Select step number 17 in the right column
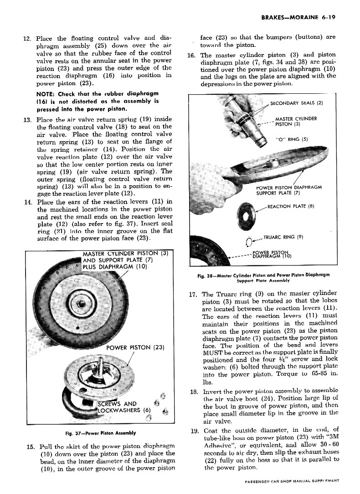coord(194,294)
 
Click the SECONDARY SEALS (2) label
coord(297,102)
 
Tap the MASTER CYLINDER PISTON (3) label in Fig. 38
coord(296,122)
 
